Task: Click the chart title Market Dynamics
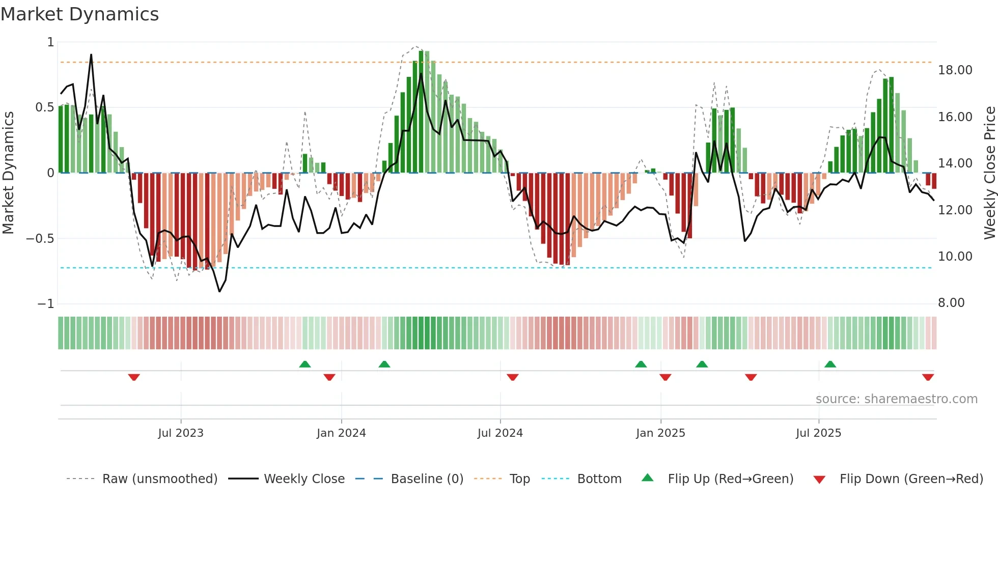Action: coord(80,14)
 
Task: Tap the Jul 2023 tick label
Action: coord(181,433)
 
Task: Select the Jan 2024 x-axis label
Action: coord(341,433)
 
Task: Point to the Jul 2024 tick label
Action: coord(500,433)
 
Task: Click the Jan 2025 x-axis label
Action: coord(660,433)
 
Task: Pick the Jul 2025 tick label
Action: coord(819,433)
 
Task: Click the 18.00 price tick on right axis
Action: coord(955,70)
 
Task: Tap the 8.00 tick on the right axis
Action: coord(951,303)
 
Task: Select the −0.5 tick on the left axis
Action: coord(40,239)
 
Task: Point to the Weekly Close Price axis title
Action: coord(989,173)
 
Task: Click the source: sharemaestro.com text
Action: coord(896,399)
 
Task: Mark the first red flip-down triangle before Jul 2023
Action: coord(134,377)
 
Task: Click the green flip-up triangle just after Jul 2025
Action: coord(830,364)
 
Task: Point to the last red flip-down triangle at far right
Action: coord(928,377)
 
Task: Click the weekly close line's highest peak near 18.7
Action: coord(91,55)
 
